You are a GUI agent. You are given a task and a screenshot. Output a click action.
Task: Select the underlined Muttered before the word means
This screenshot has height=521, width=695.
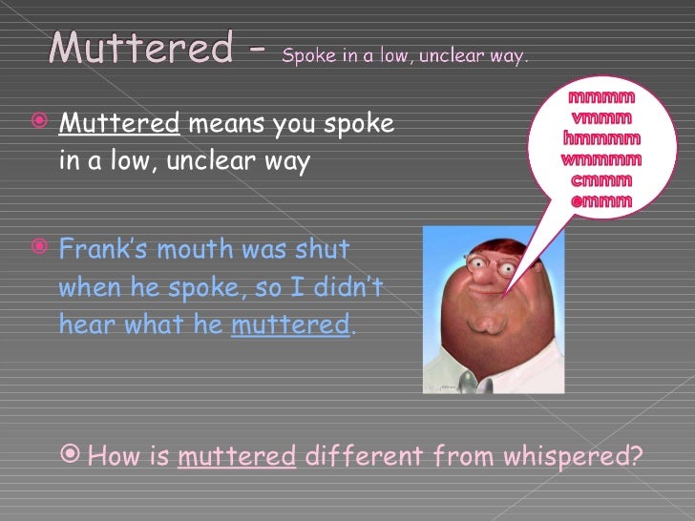pos(119,124)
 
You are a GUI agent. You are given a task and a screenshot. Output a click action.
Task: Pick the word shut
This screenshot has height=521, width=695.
pos(324,250)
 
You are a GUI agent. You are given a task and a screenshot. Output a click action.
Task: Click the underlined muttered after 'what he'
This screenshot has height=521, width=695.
pos(290,324)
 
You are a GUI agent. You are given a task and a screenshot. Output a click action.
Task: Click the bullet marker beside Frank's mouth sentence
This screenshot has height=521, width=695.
pos(39,250)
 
